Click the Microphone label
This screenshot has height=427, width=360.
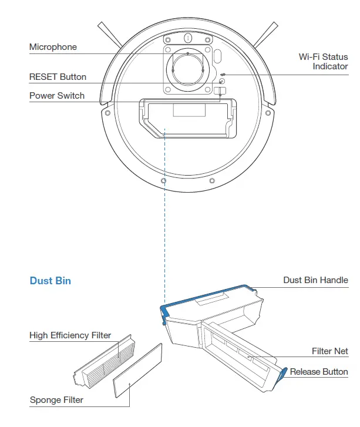click(53, 47)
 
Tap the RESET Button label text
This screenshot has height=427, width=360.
click(58, 77)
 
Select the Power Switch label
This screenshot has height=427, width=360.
click(57, 96)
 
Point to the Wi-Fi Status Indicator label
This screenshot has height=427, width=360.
click(323, 62)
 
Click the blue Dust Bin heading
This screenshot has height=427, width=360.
click(51, 281)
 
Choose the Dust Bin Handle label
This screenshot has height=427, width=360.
click(315, 281)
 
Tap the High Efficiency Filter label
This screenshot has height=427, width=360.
click(70, 335)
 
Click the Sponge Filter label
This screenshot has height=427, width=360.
click(56, 400)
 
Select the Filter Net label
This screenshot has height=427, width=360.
click(329, 351)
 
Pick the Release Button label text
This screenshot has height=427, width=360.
click(319, 372)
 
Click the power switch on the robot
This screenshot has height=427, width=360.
click(220, 90)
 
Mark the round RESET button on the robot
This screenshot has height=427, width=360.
click(221, 81)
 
